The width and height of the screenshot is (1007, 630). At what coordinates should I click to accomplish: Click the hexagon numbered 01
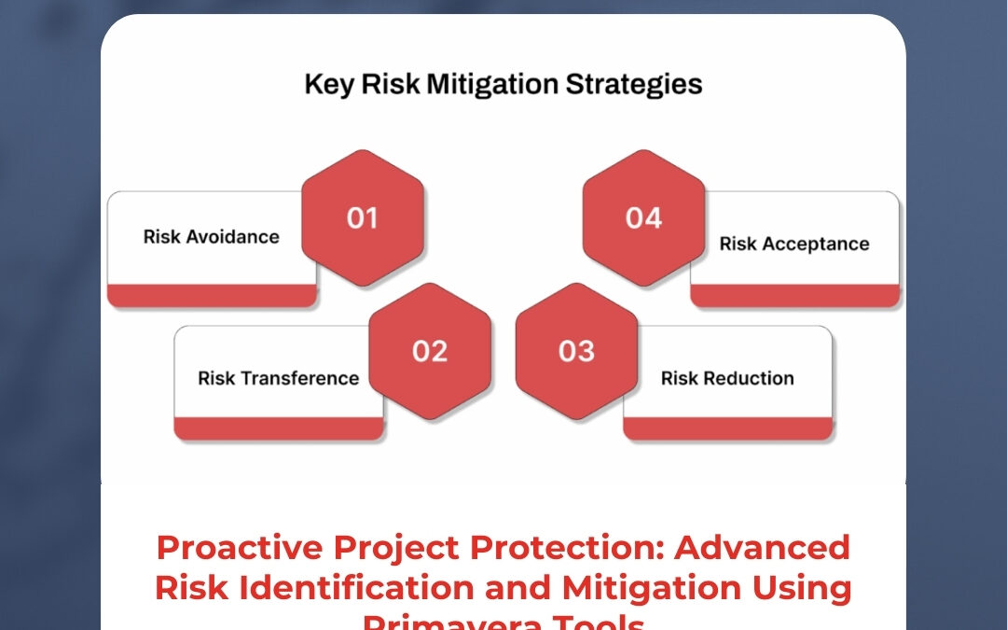click(363, 217)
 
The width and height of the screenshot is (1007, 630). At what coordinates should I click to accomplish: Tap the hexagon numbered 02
click(430, 351)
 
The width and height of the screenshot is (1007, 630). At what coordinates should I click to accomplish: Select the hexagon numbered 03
click(576, 351)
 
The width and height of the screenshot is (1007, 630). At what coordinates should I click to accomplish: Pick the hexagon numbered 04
click(643, 217)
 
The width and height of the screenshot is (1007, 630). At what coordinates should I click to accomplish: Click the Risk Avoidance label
click(211, 237)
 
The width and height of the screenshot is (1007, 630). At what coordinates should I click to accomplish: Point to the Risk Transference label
click(278, 378)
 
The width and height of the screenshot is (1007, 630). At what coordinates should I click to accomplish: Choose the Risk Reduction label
click(727, 378)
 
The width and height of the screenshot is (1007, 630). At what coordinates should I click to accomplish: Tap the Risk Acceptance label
click(794, 245)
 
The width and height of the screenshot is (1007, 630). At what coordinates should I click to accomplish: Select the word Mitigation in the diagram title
click(493, 85)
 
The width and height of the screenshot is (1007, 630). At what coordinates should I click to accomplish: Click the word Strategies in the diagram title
click(635, 85)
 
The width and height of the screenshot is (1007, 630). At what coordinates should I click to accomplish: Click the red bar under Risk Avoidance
click(212, 296)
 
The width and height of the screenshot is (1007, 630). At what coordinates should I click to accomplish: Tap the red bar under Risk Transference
click(279, 428)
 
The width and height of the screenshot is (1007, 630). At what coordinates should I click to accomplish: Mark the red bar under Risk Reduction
click(728, 428)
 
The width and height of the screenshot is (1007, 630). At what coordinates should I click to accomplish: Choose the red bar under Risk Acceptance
click(795, 296)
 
